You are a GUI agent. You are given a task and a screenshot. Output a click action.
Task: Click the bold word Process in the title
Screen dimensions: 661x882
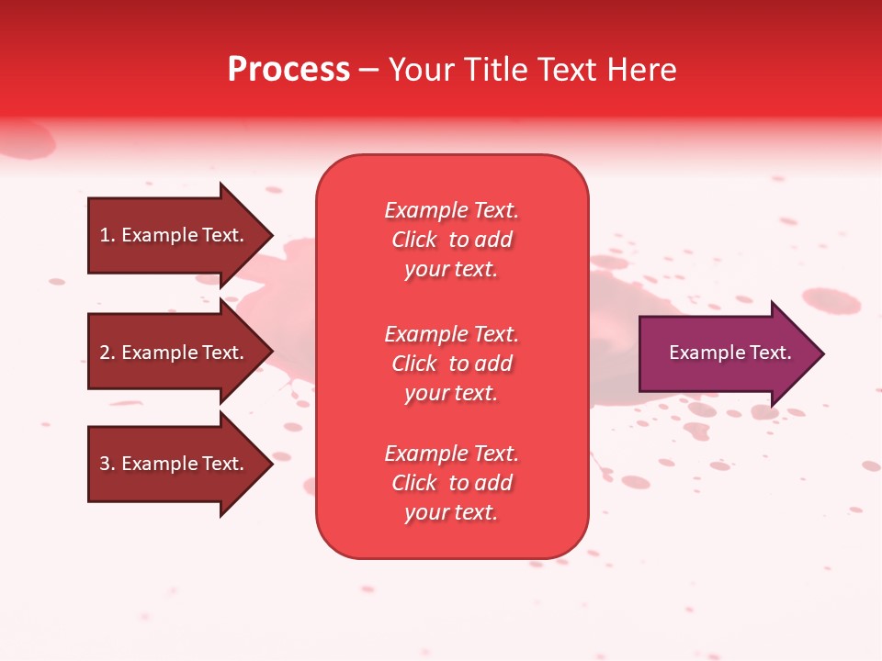pos(288,70)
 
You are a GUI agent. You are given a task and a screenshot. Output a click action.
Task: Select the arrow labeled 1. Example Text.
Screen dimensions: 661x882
pos(175,235)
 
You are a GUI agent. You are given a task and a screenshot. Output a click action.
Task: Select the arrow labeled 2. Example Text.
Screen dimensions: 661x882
pos(175,353)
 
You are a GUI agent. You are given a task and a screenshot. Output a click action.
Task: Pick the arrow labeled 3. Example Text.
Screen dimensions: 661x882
pos(175,464)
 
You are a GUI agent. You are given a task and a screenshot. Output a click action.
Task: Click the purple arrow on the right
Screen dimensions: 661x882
pos(726,353)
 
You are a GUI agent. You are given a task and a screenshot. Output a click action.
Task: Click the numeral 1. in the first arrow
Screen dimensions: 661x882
pos(107,235)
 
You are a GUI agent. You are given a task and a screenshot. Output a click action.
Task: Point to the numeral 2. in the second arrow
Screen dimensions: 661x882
pos(107,353)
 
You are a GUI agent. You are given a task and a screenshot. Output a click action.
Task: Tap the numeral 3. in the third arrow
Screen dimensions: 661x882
pos(107,464)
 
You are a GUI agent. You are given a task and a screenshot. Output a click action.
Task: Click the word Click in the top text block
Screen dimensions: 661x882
pos(414,240)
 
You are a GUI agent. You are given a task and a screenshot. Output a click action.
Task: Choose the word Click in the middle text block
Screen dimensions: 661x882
pos(414,364)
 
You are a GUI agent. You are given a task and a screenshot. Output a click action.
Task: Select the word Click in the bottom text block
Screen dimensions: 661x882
pos(414,483)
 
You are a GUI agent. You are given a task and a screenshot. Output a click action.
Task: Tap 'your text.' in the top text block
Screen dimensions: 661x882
pos(451,270)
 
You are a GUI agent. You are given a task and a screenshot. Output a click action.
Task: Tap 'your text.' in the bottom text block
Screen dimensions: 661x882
pos(451,513)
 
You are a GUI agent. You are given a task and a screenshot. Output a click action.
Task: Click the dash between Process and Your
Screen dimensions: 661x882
pos(368,71)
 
